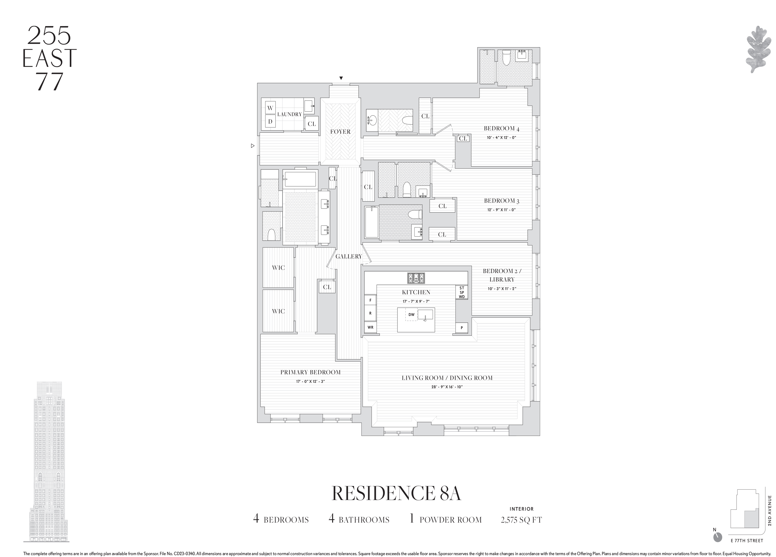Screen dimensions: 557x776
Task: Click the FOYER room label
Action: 340,132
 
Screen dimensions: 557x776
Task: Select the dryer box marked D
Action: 270,121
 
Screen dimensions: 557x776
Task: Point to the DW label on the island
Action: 411,315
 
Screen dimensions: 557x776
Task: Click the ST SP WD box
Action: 462,292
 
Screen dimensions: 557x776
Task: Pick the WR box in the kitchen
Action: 370,327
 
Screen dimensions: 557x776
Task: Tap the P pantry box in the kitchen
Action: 462,328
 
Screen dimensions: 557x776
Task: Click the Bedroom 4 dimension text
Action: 501,138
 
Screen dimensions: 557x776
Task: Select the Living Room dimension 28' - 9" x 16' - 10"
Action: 447,387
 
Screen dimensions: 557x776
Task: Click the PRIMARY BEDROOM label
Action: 310,372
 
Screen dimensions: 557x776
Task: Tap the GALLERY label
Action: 348,256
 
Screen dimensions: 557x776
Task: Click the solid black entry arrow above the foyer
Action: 341,78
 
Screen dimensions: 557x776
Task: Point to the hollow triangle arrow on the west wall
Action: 252,146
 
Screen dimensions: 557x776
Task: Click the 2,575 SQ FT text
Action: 521,520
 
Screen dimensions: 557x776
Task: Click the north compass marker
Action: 717,546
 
